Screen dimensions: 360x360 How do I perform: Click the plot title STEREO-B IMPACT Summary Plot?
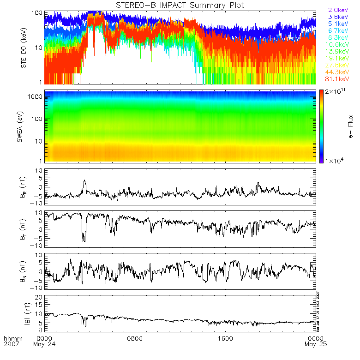180,5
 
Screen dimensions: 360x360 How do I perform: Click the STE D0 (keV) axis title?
24,48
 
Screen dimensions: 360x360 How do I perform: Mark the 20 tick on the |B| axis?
40,297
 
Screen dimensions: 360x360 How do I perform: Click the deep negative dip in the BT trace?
84,239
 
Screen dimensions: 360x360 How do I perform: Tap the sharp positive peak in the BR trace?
84,181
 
